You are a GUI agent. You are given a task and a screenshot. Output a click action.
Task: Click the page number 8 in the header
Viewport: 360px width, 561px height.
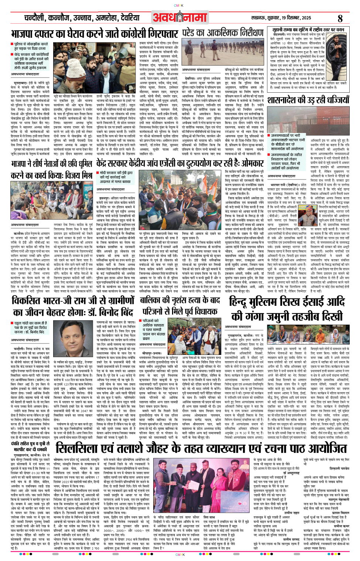[340, 18]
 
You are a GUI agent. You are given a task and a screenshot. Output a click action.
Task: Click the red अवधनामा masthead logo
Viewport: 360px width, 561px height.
[179, 17]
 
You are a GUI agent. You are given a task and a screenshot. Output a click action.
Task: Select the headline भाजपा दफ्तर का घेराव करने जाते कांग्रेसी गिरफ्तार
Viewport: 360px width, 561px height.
[95, 34]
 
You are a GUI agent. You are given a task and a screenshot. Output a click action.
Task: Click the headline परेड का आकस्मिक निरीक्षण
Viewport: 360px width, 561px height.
[223, 33]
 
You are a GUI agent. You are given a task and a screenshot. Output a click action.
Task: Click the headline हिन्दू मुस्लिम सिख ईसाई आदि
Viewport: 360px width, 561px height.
[287, 303]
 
